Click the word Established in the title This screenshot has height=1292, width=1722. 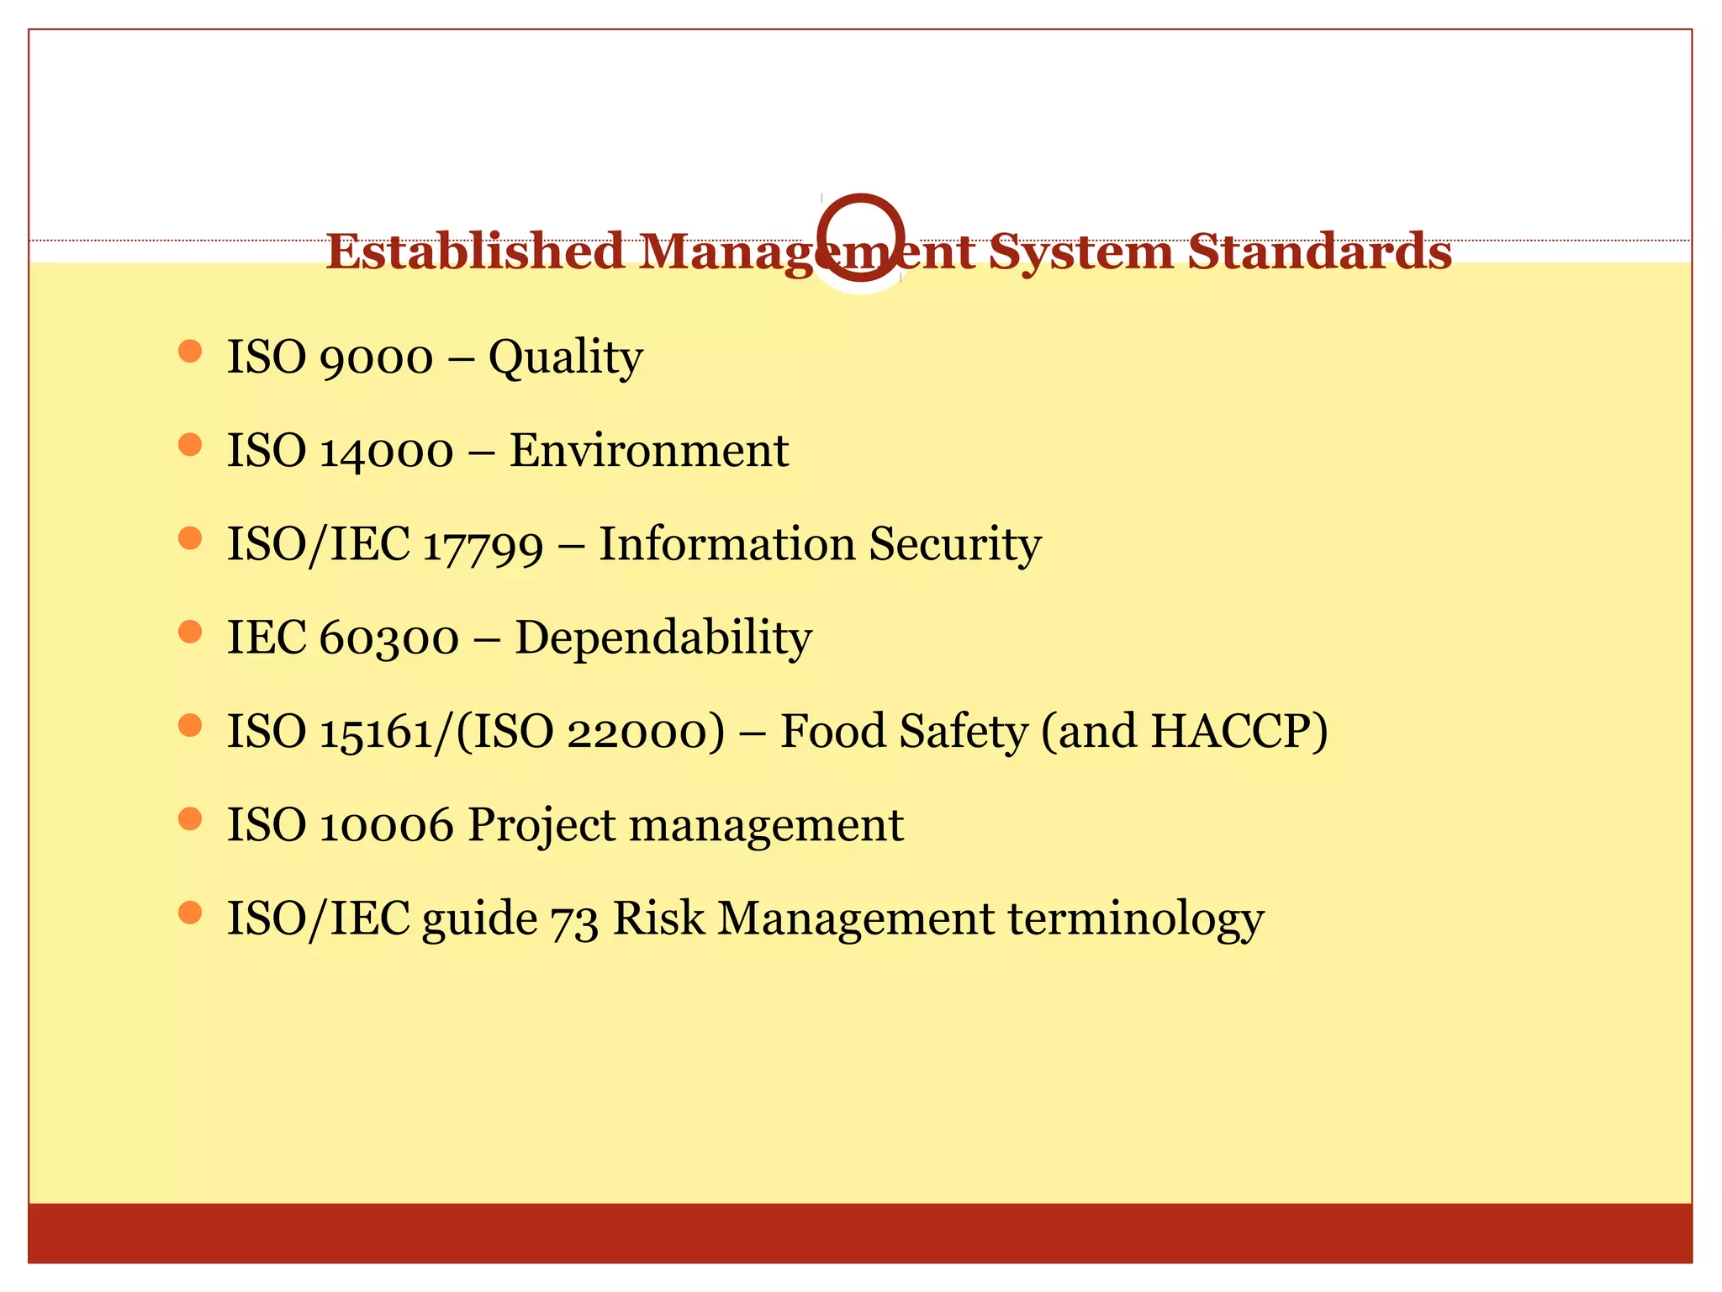[475, 252]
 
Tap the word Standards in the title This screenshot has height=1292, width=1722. [1319, 252]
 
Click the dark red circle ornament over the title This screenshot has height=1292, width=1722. [861, 237]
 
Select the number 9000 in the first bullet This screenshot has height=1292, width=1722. [377, 358]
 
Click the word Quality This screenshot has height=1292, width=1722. [565, 358]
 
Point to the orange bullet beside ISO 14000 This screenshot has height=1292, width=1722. [191, 444]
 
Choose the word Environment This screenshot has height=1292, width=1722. [648, 451]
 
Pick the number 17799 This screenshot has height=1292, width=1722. [483, 545]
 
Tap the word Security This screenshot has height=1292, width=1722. [954, 545]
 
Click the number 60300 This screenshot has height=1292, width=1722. [389, 638]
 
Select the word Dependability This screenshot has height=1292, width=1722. [663, 638]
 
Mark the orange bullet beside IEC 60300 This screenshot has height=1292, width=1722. [191, 632]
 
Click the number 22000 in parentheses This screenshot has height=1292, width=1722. [645, 732]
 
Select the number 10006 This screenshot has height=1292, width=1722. [387, 825]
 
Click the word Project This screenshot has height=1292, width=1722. [541, 825]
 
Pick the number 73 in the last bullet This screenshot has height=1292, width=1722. [574, 919]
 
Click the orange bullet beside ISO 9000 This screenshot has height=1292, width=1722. [191, 351]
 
